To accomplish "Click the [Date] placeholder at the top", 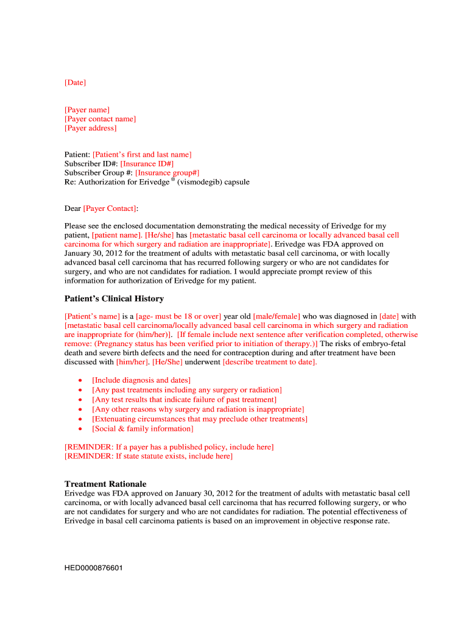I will pos(76,82).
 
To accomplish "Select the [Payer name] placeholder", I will pos(87,110).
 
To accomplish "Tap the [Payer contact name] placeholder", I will pos(100,119).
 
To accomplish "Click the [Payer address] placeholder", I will pos(91,128).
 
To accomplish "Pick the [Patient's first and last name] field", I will pos(142,155).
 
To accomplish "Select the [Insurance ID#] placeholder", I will pos(147,164).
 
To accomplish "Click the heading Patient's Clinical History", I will pos(114,299).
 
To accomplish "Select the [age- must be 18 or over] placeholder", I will pos(178,316).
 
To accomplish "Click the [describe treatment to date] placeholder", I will pos(269,362).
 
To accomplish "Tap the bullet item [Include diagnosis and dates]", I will pos(141,380).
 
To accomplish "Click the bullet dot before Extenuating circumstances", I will pos(80,419).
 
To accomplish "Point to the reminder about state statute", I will pos(149,456).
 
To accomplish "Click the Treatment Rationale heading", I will pos(105,484).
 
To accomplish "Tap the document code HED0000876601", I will pos(94,568).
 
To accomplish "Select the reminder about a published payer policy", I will pos(169,447).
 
